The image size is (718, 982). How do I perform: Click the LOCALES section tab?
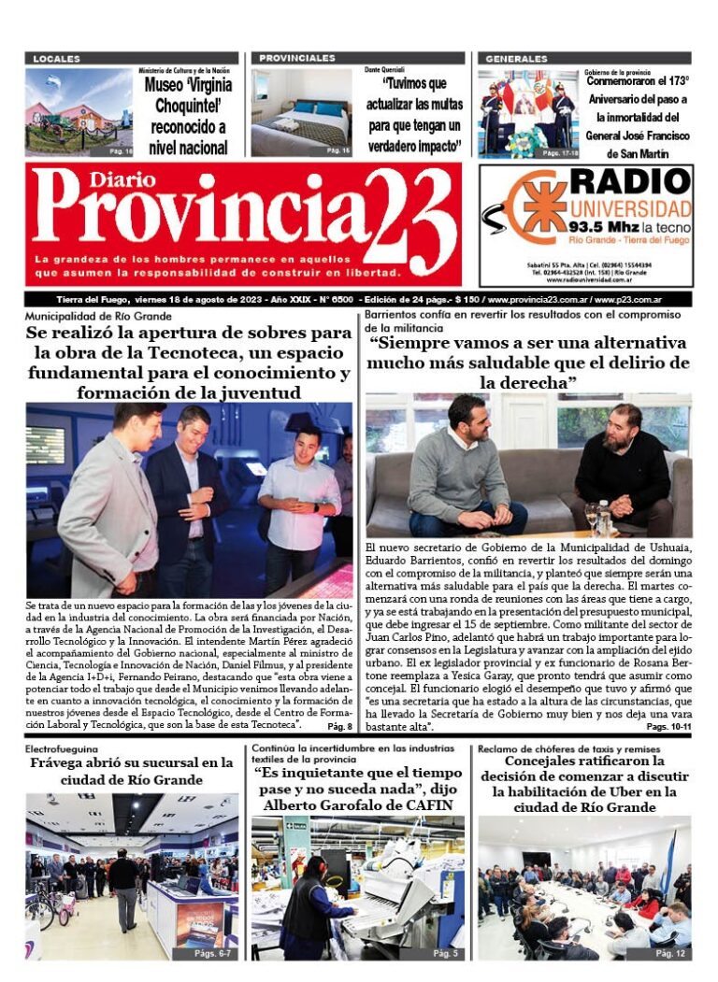57,59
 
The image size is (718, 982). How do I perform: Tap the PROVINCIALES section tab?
297,58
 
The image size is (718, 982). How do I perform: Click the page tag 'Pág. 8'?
339,726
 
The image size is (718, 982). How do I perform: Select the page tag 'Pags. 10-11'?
668,726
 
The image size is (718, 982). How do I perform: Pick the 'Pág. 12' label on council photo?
670,952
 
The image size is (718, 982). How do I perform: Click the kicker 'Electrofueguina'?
63,749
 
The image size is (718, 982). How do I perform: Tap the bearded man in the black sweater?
621,471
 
